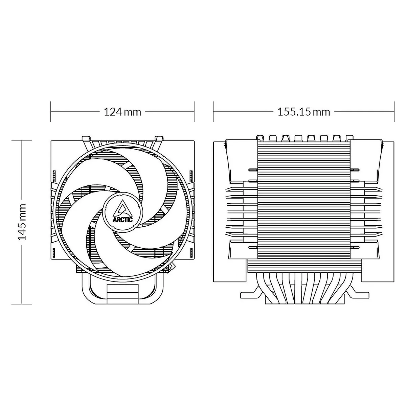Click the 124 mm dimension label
pos(122,111)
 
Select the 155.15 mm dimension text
pos(303,111)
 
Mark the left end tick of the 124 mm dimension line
pos(51,111)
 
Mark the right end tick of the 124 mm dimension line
pos(195,111)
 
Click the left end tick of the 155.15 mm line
pos(213,111)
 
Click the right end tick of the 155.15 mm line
pos(394,111)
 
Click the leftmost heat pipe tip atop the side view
pos(260,137)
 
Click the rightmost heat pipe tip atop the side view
pos(348,137)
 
